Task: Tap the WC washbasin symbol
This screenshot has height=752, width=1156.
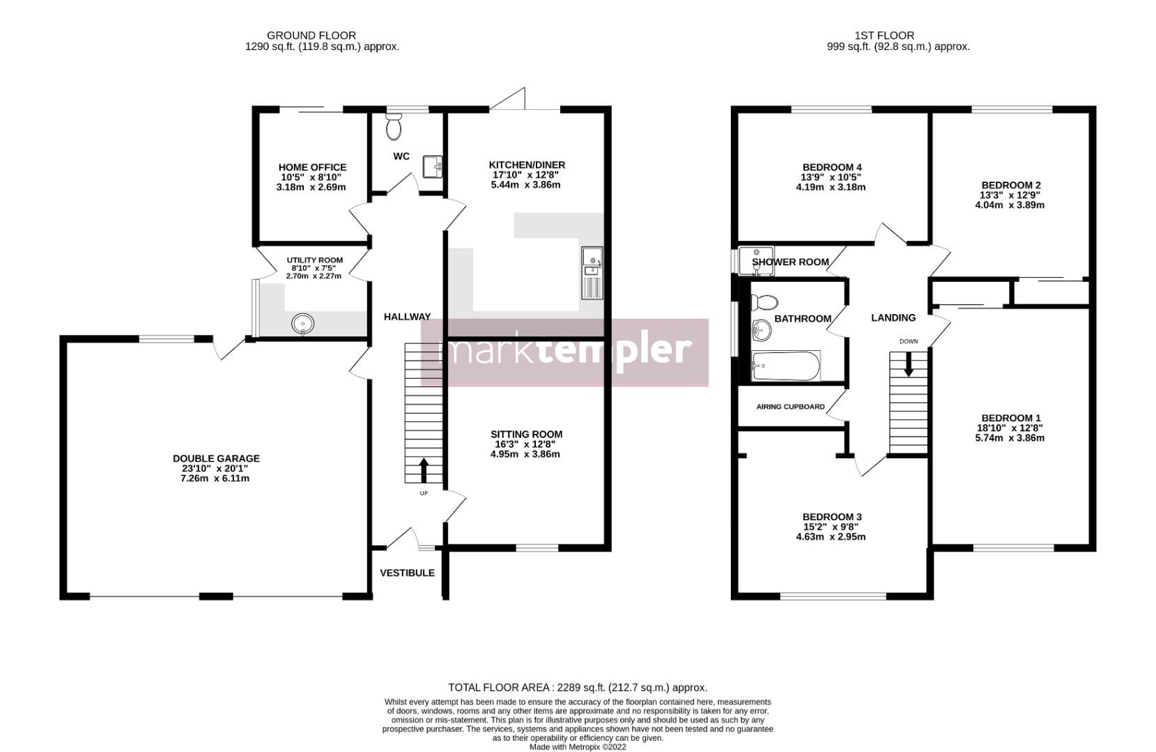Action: point(433,166)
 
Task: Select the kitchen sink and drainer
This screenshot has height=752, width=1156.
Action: point(592,273)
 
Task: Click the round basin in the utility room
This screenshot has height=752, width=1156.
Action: point(303,324)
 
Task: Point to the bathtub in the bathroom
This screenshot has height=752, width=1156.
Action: point(786,366)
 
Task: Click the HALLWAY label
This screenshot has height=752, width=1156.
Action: point(407,317)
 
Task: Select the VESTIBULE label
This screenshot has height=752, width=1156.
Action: point(407,573)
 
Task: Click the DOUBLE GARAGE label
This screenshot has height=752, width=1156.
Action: point(216,458)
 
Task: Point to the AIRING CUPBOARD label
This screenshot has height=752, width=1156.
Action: point(790,407)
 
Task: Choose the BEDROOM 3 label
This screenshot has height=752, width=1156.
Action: point(832,517)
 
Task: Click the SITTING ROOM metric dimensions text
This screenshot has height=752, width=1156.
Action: point(525,454)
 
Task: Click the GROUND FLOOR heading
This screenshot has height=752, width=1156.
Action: point(311,36)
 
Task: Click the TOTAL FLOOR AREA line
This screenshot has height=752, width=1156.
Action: point(578,687)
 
